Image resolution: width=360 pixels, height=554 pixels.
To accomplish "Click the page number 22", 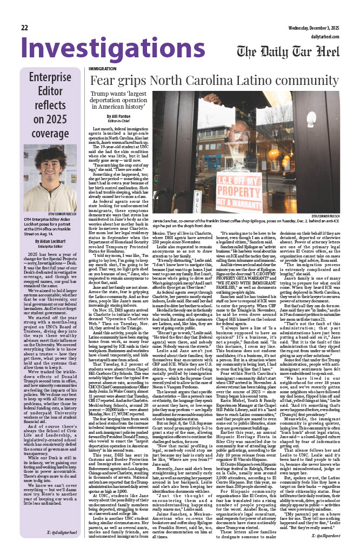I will tap(25, 28).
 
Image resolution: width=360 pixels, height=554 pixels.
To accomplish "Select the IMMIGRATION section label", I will tap(102, 69).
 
